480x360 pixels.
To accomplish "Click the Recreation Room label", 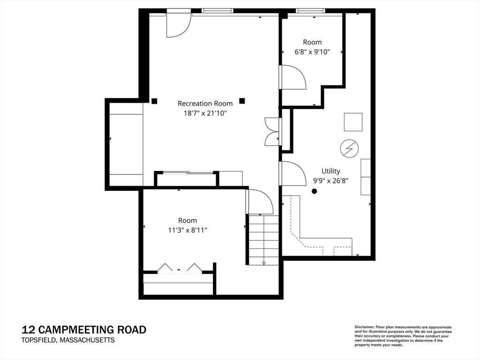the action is pos(205,104).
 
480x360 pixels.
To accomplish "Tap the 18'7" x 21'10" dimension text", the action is pos(205,113).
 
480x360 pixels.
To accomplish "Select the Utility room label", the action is pos(330,171).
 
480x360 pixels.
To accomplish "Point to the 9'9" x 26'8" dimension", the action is pos(330,180).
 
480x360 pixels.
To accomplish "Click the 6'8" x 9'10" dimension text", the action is pos(312,52).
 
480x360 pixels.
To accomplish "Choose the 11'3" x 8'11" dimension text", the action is pos(187,230).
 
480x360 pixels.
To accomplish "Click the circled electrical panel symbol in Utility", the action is pos(349,149).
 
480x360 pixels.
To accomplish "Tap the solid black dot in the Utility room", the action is pos(314,191).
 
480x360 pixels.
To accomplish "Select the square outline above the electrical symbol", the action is pos(353,122).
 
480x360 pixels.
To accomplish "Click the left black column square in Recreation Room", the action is pos(154,101).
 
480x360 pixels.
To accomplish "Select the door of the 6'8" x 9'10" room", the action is pos(292,77).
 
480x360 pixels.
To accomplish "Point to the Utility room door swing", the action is pos(292,173).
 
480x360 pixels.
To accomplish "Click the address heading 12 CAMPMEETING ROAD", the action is pos(84,330).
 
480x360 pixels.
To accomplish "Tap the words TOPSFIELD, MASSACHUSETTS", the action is pos(68,340).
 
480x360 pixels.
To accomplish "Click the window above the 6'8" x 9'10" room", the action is pos(310,11).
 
